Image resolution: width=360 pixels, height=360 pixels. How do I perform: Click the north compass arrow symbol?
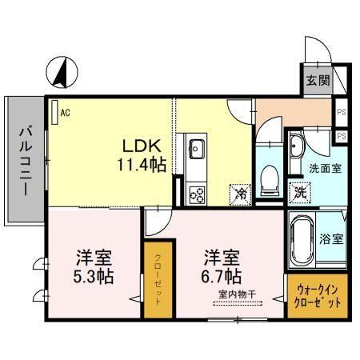click(61, 73)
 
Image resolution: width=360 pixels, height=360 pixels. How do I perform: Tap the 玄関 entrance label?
click(316, 80)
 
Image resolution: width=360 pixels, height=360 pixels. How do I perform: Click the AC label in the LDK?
click(65, 113)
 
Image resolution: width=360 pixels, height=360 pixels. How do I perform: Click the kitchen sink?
click(197, 148)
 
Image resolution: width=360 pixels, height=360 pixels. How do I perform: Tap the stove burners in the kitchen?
click(197, 192)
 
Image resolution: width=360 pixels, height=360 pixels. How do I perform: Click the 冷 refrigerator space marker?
click(240, 193)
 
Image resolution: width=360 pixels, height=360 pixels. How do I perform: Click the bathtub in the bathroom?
click(302, 240)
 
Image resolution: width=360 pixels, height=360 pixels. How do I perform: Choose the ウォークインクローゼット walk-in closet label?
click(317, 298)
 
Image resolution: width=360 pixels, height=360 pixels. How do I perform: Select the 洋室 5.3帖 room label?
click(94, 267)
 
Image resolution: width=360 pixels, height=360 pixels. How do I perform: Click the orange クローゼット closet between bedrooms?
click(157, 280)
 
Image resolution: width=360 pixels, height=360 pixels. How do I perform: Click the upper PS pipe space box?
click(342, 113)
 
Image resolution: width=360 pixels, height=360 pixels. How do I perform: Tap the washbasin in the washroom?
click(297, 146)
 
